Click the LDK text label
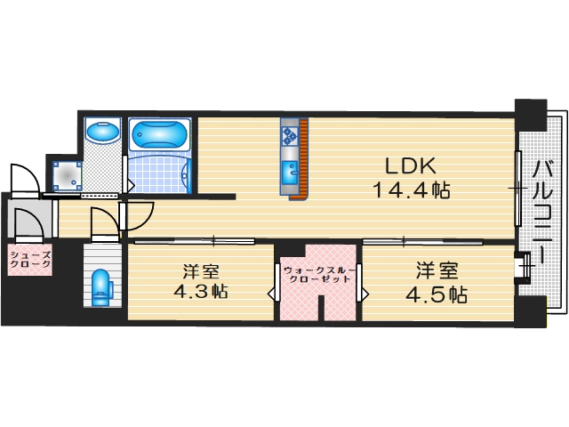(409, 166)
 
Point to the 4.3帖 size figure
(201, 291)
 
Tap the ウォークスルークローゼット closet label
(317, 272)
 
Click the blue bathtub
(160, 135)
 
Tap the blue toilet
(102, 286)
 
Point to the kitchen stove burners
(290, 135)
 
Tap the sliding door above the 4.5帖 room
(405, 241)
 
